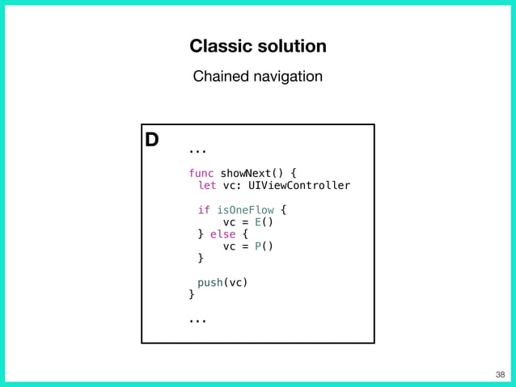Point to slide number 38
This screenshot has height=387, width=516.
[499, 374]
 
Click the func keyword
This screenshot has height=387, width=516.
[201, 173]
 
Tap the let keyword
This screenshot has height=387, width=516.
[207, 185]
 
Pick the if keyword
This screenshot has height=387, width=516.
[204, 210]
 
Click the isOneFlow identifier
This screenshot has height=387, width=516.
[245, 210]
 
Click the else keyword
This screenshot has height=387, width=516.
[222, 234]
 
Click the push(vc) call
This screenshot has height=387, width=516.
[222, 283]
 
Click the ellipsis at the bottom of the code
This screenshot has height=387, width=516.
[197, 321]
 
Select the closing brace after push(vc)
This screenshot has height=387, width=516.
[192, 295]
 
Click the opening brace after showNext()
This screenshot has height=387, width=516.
[294, 173]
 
